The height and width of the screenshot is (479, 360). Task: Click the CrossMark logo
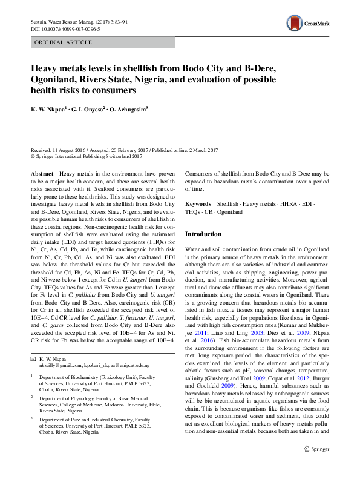pos(308,24)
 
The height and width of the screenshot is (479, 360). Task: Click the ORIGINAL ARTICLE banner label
pos(64,42)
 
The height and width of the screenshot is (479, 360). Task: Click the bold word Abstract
pos(42,173)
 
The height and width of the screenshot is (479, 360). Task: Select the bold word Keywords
pos(198,205)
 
